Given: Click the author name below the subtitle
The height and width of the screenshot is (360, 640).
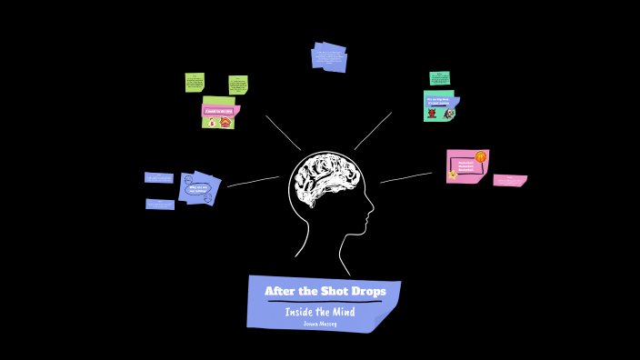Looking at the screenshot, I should [x=320, y=324].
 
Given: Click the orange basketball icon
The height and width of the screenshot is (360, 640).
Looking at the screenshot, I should [x=481, y=157].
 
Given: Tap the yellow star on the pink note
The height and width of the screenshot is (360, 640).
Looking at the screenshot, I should [x=453, y=175].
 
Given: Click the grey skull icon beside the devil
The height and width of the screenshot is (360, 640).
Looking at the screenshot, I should [x=449, y=114].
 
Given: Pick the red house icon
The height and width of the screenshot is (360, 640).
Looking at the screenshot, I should [x=225, y=122].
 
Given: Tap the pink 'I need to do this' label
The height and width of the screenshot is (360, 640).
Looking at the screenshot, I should [x=219, y=111].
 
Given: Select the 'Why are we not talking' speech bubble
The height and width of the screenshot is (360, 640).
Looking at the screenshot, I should [x=197, y=189].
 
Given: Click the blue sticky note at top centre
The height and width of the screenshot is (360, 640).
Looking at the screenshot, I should [x=329, y=56].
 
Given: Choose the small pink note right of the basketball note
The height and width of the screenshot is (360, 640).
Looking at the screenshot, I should [x=509, y=180].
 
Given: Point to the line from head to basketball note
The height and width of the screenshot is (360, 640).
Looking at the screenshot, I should [x=405, y=177].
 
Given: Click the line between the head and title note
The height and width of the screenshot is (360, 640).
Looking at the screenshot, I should [x=344, y=264].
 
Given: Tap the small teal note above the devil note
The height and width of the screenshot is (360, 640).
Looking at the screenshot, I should [x=440, y=78].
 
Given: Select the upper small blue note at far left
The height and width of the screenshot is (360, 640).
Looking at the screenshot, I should [x=158, y=178].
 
